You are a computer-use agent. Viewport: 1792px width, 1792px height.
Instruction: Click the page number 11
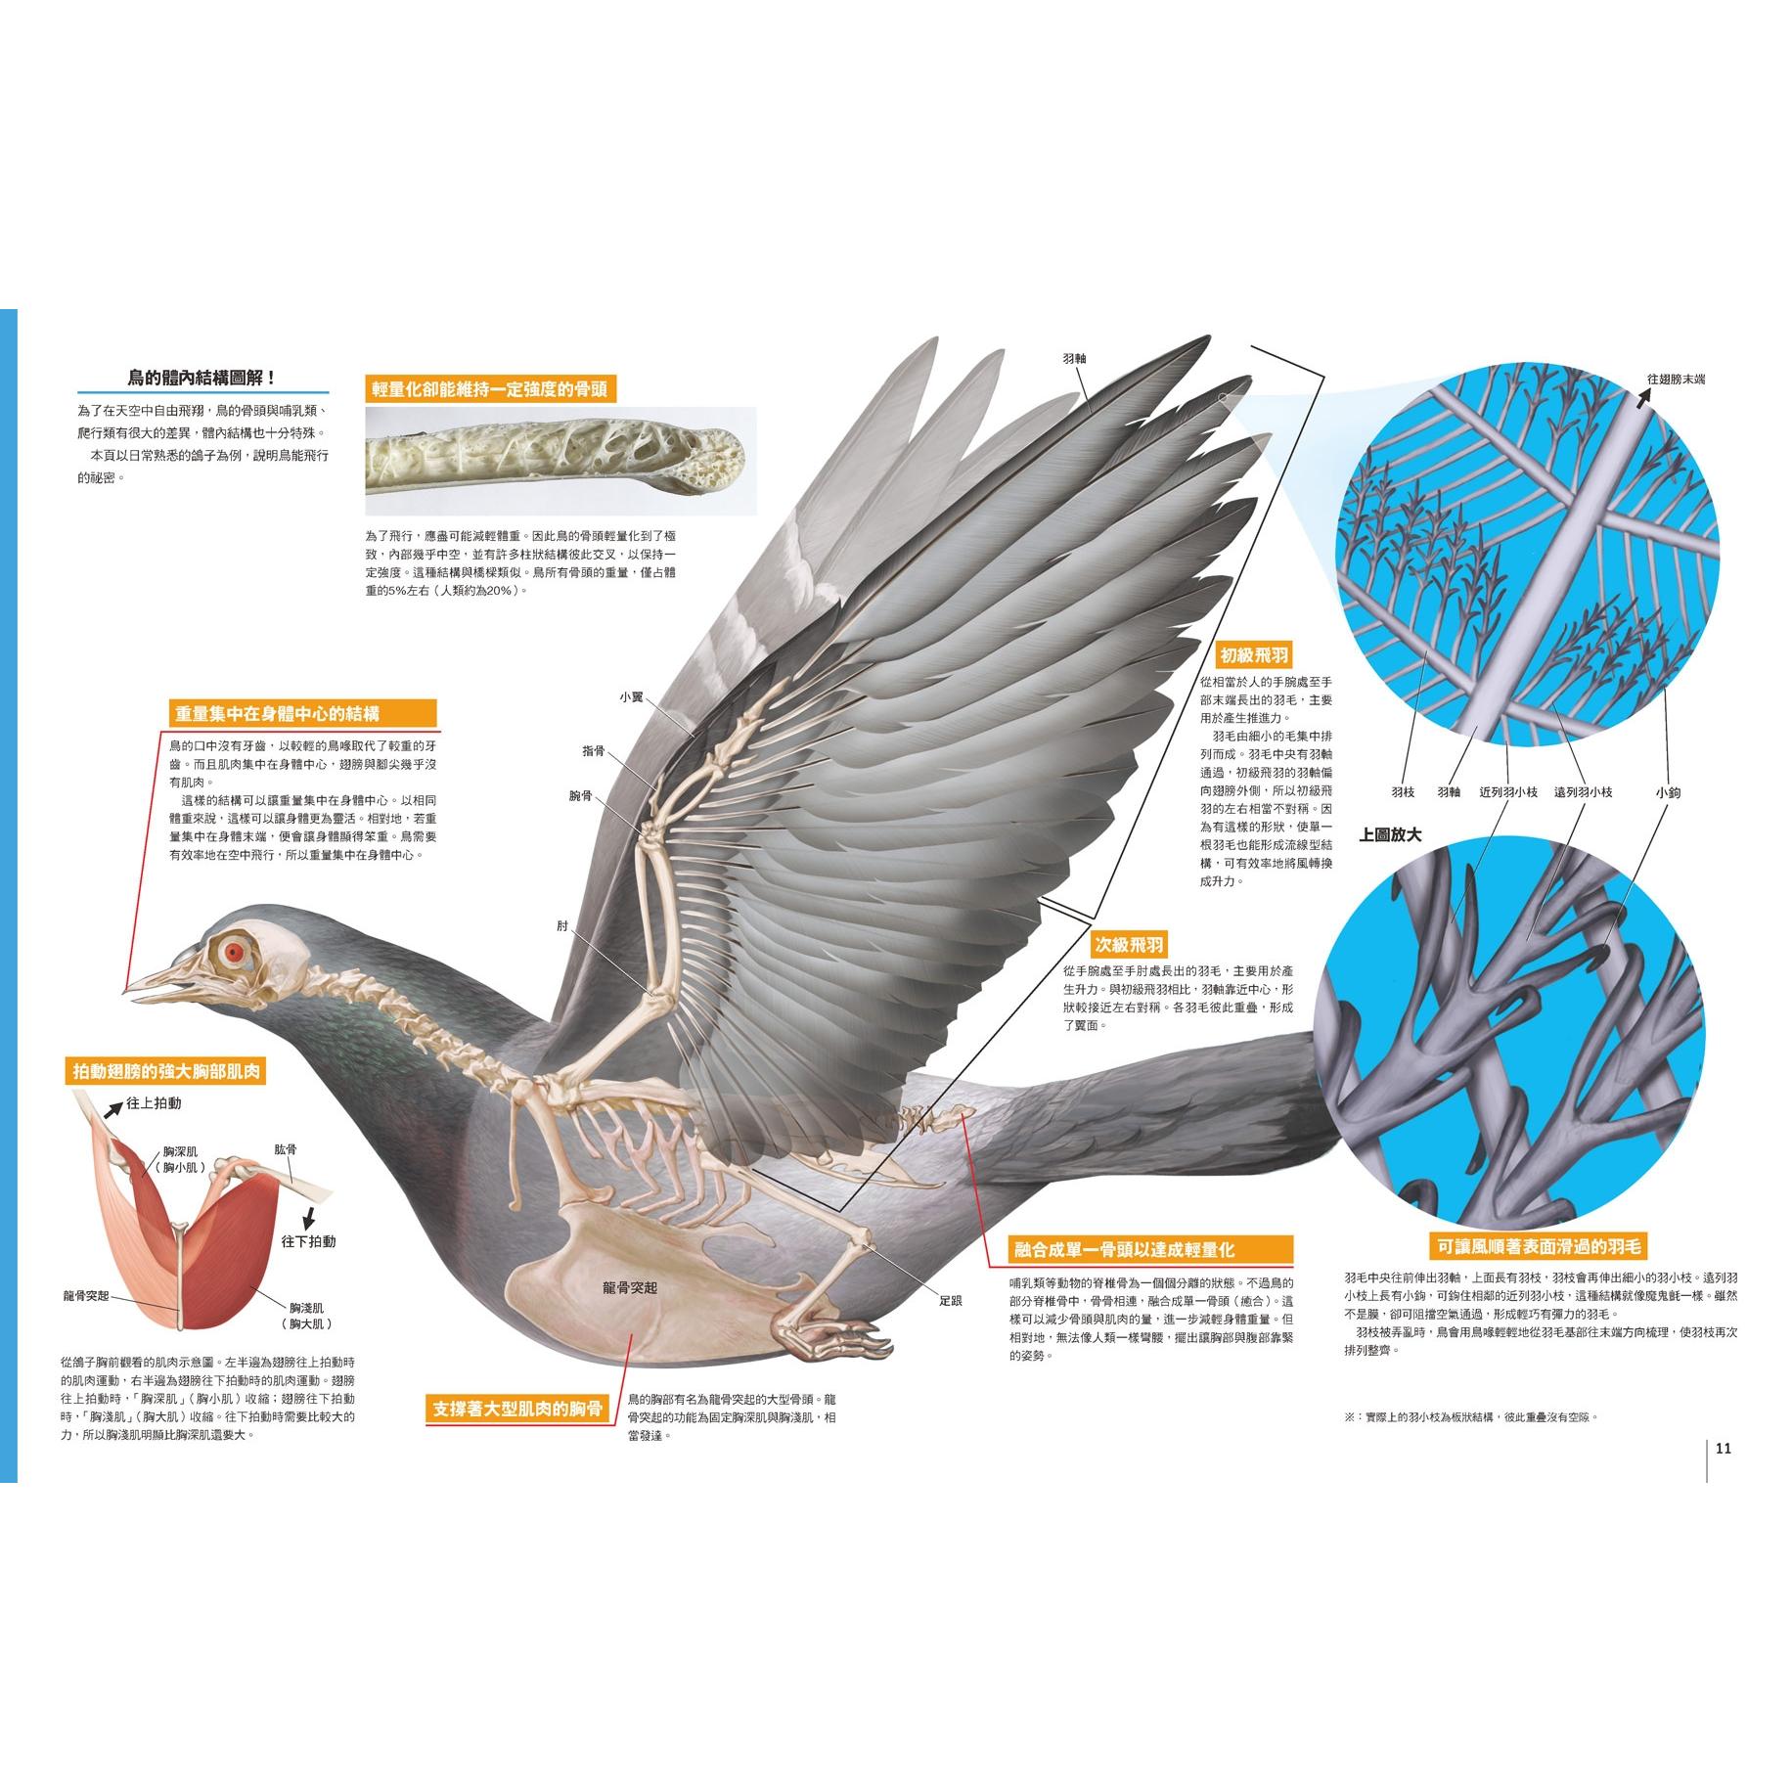(x=1724, y=1449)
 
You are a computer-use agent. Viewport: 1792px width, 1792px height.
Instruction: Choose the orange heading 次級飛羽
(x=1129, y=945)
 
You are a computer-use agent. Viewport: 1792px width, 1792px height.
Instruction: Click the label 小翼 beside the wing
(x=629, y=696)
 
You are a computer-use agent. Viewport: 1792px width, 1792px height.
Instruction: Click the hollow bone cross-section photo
(x=560, y=462)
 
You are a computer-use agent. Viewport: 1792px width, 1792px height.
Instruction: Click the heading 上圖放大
(x=1390, y=835)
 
